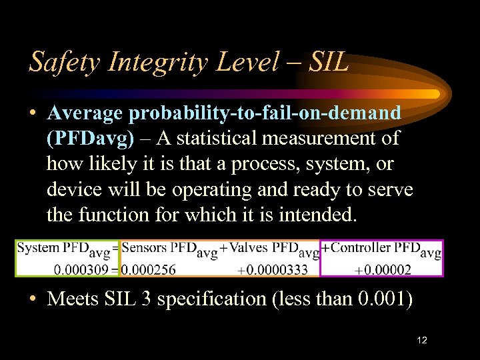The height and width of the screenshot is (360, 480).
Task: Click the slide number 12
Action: pyautogui.click(x=421, y=341)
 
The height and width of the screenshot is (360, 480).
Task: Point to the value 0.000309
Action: pyautogui.click(x=83, y=269)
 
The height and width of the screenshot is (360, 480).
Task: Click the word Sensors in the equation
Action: pyautogui.click(x=145, y=248)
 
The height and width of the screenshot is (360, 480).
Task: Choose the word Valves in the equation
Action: pyautogui.click(x=249, y=248)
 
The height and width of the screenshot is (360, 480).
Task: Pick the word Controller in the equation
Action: pyautogui.click(x=361, y=248)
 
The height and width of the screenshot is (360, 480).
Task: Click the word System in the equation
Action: pyautogui.click(x=38, y=248)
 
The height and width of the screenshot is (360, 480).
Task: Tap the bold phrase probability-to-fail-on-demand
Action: pyautogui.click(x=265, y=113)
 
